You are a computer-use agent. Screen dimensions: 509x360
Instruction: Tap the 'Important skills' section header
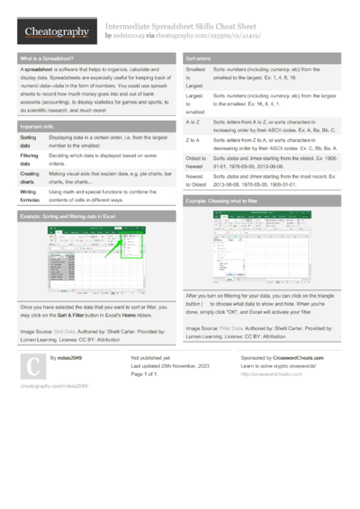(40, 127)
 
